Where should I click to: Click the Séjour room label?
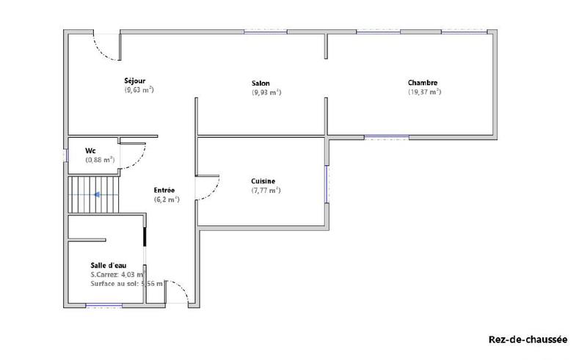pyautogui.click(x=135, y=81)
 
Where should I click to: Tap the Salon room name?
pyautogui.click(x=260, y=84)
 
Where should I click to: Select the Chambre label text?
pyautogui.click(x=423, y=83)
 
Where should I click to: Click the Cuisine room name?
pyautogui.click(x=263, y=180)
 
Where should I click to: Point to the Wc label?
pyautogui.click(x=90, y=150)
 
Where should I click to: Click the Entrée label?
pyautogui.click(x=164, y=190)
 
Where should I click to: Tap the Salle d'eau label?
pyautogui.click(x=112, y=265)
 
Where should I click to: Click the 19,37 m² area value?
pyautogui.click(x=424, y=92)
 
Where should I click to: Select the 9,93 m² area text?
pyautogui.click(x=266, y=93)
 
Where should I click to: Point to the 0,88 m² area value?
pyautogui.click(x=100, y=160)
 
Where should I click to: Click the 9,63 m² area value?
pyautogui.click(x=139, y=90)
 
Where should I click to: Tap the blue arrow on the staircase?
pyautogui.click(x=96, y=195)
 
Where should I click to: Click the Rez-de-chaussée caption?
pyautogui.click(x=528, y=339)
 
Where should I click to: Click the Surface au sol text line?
pyautogui.click(x=126, y=284)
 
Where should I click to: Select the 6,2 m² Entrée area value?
pyautogui.click(x=167, y=199)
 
